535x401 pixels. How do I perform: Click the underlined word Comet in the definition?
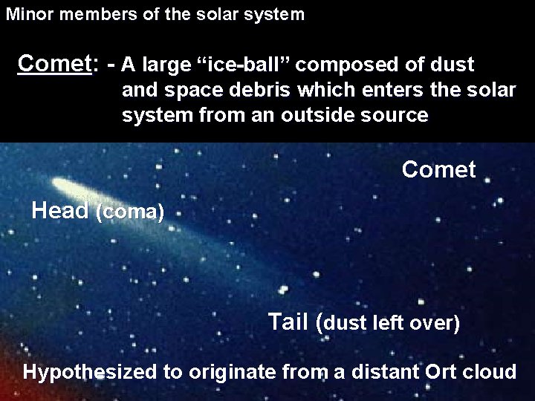(x=53, y=64)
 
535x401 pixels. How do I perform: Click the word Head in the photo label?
(x=60, y=211)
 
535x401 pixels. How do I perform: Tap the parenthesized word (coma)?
(x=130, y=212)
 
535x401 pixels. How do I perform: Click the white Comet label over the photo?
(x=438, y=170)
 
